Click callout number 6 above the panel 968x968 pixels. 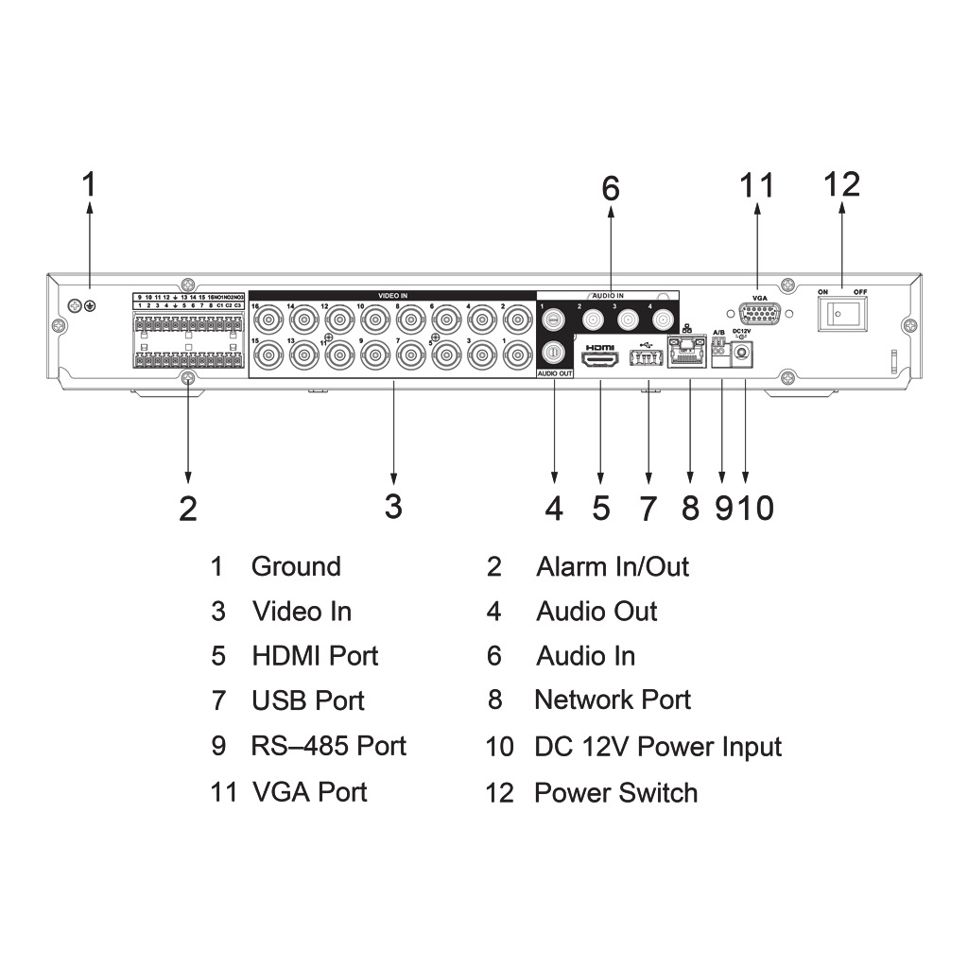[x=611, y=189]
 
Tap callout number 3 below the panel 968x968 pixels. [x=393, y=506]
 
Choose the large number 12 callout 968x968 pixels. [x=841, y=184]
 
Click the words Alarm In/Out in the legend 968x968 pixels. [x=613, y=567]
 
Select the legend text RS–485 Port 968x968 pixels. [x=328, y=746]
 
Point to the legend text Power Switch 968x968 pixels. [x=615, y=792]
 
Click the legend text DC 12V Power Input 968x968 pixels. [x=658, y=747]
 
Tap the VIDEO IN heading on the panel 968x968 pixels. [x=392, y=296]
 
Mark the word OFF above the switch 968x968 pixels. [x=859, y=292]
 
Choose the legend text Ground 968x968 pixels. [x=296, y=567]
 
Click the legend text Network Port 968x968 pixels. [x=613, y=700]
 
